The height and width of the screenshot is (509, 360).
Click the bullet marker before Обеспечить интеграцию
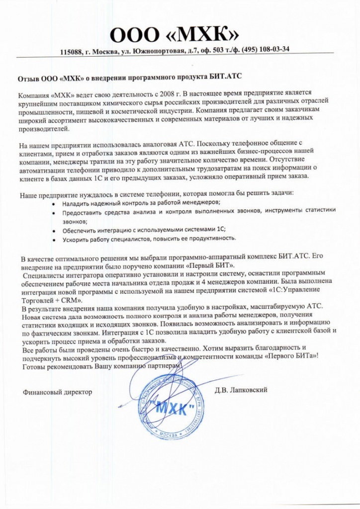tap(54, 231)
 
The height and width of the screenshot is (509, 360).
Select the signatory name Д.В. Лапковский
tap(242, 390)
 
